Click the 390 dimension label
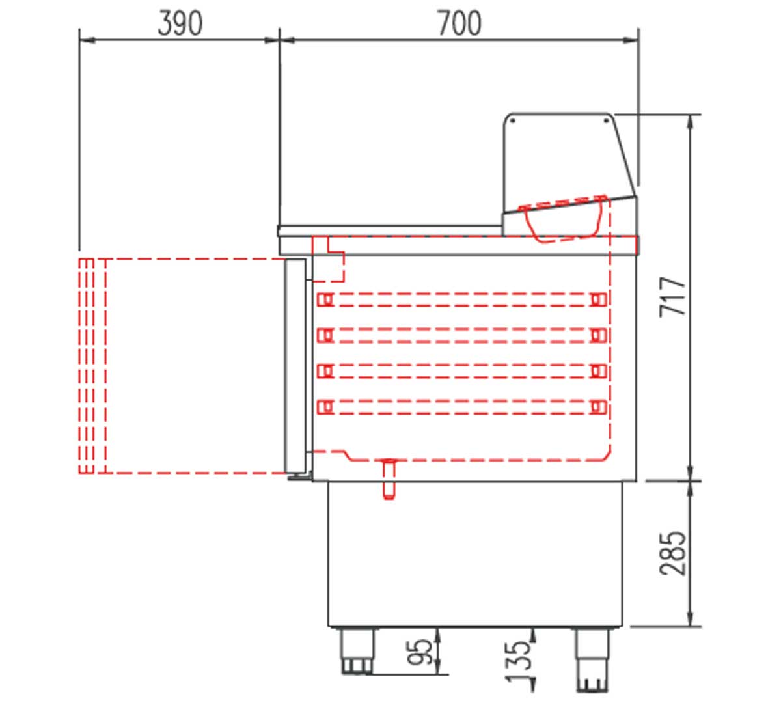pyautogui.click(x=180, y=23)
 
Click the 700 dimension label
pyautogui.click(x=459, y=23)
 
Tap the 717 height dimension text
pyautogui.click(x=672, y=297)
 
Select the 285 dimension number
pyautogui.click(x=672, y=553)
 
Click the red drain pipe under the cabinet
pyautogui.click(x=389, y=478)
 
